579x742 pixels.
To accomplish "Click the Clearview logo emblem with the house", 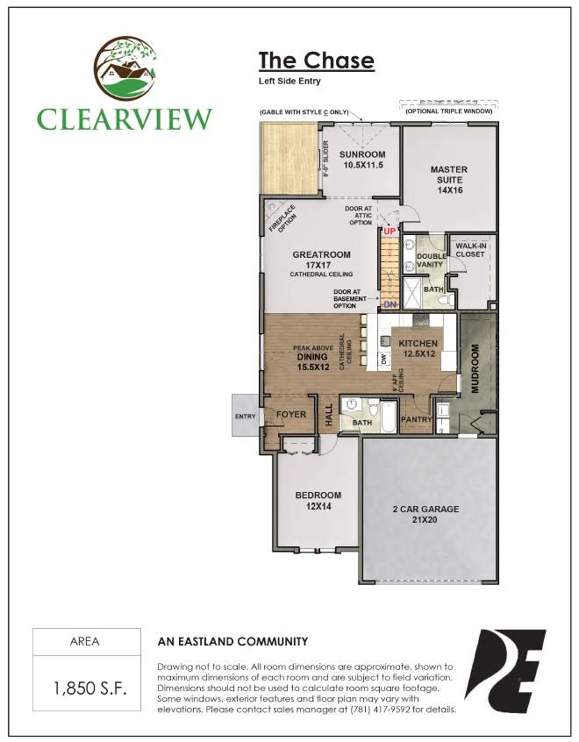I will click(124, 69).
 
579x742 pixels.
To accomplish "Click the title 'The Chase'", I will click(316, 61).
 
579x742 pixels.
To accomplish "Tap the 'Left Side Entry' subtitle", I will click(289, 81).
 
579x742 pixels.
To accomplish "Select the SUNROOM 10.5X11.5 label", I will click(362, 160).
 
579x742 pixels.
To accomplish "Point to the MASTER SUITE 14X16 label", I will click(448, 180).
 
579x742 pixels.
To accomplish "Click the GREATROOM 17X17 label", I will click(321, 260).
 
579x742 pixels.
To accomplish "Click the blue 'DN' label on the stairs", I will click(390, 304).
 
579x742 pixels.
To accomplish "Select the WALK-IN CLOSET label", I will click(472, 250).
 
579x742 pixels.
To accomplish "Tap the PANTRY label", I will click(416, 420).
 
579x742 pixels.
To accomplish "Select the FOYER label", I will click(290, 415).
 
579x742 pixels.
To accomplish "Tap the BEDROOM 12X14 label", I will click(318, 501).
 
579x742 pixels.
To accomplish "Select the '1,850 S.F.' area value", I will click(79, 687).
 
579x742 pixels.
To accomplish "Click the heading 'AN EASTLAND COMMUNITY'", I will click(232, 641).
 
